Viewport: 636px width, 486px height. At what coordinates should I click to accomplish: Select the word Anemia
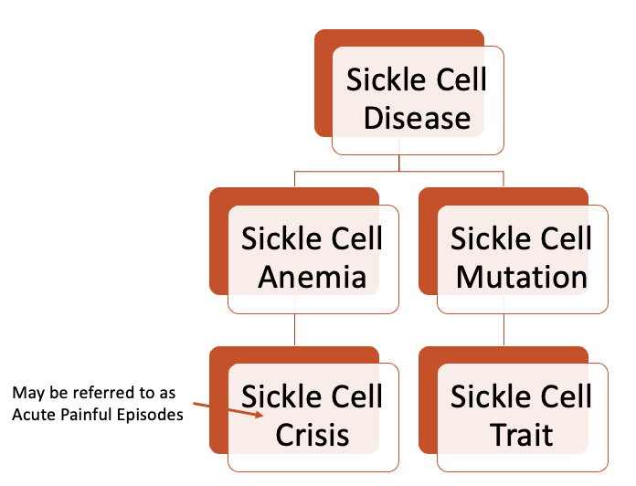(x=312, y=277)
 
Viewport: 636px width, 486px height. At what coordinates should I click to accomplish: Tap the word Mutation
(x=521, y=277)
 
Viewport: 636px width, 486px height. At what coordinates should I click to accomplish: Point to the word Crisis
(x=312, y=434)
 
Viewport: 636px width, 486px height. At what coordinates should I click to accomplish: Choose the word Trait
(x=521, y=434)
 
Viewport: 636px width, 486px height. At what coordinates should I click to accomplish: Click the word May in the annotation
(x=26, y=393)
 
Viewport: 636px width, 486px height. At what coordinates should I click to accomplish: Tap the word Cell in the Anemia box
(x=353, y=238)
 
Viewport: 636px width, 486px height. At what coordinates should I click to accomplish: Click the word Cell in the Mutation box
(x=562, y=238)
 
